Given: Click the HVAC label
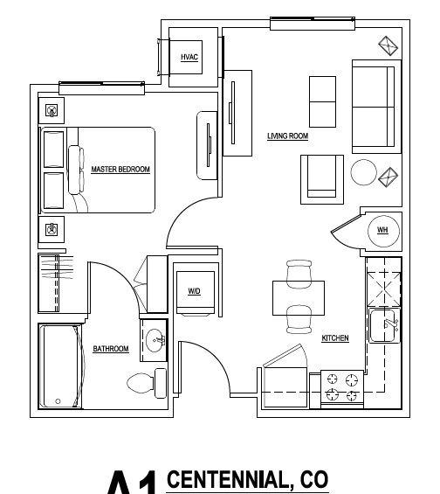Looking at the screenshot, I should coord(189,57).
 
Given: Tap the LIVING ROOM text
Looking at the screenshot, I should coord(287,136).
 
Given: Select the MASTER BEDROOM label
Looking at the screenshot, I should coord(120,170).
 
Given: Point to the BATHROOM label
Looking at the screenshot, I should coord(111,349).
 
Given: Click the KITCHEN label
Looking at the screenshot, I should coord(335,337).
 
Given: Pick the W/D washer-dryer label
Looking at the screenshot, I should coord(194,291).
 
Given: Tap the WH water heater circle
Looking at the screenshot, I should coord(382,230).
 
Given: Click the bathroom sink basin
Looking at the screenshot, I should coord(155,340).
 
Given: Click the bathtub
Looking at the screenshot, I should coord(60,365).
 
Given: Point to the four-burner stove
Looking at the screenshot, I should coord(342,386).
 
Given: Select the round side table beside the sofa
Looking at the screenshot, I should coord(363,172).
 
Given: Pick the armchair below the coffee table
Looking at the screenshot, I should coord(321,177).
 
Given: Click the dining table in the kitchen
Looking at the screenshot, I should coord(299,298).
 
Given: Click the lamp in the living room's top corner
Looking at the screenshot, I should coord(386,44).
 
